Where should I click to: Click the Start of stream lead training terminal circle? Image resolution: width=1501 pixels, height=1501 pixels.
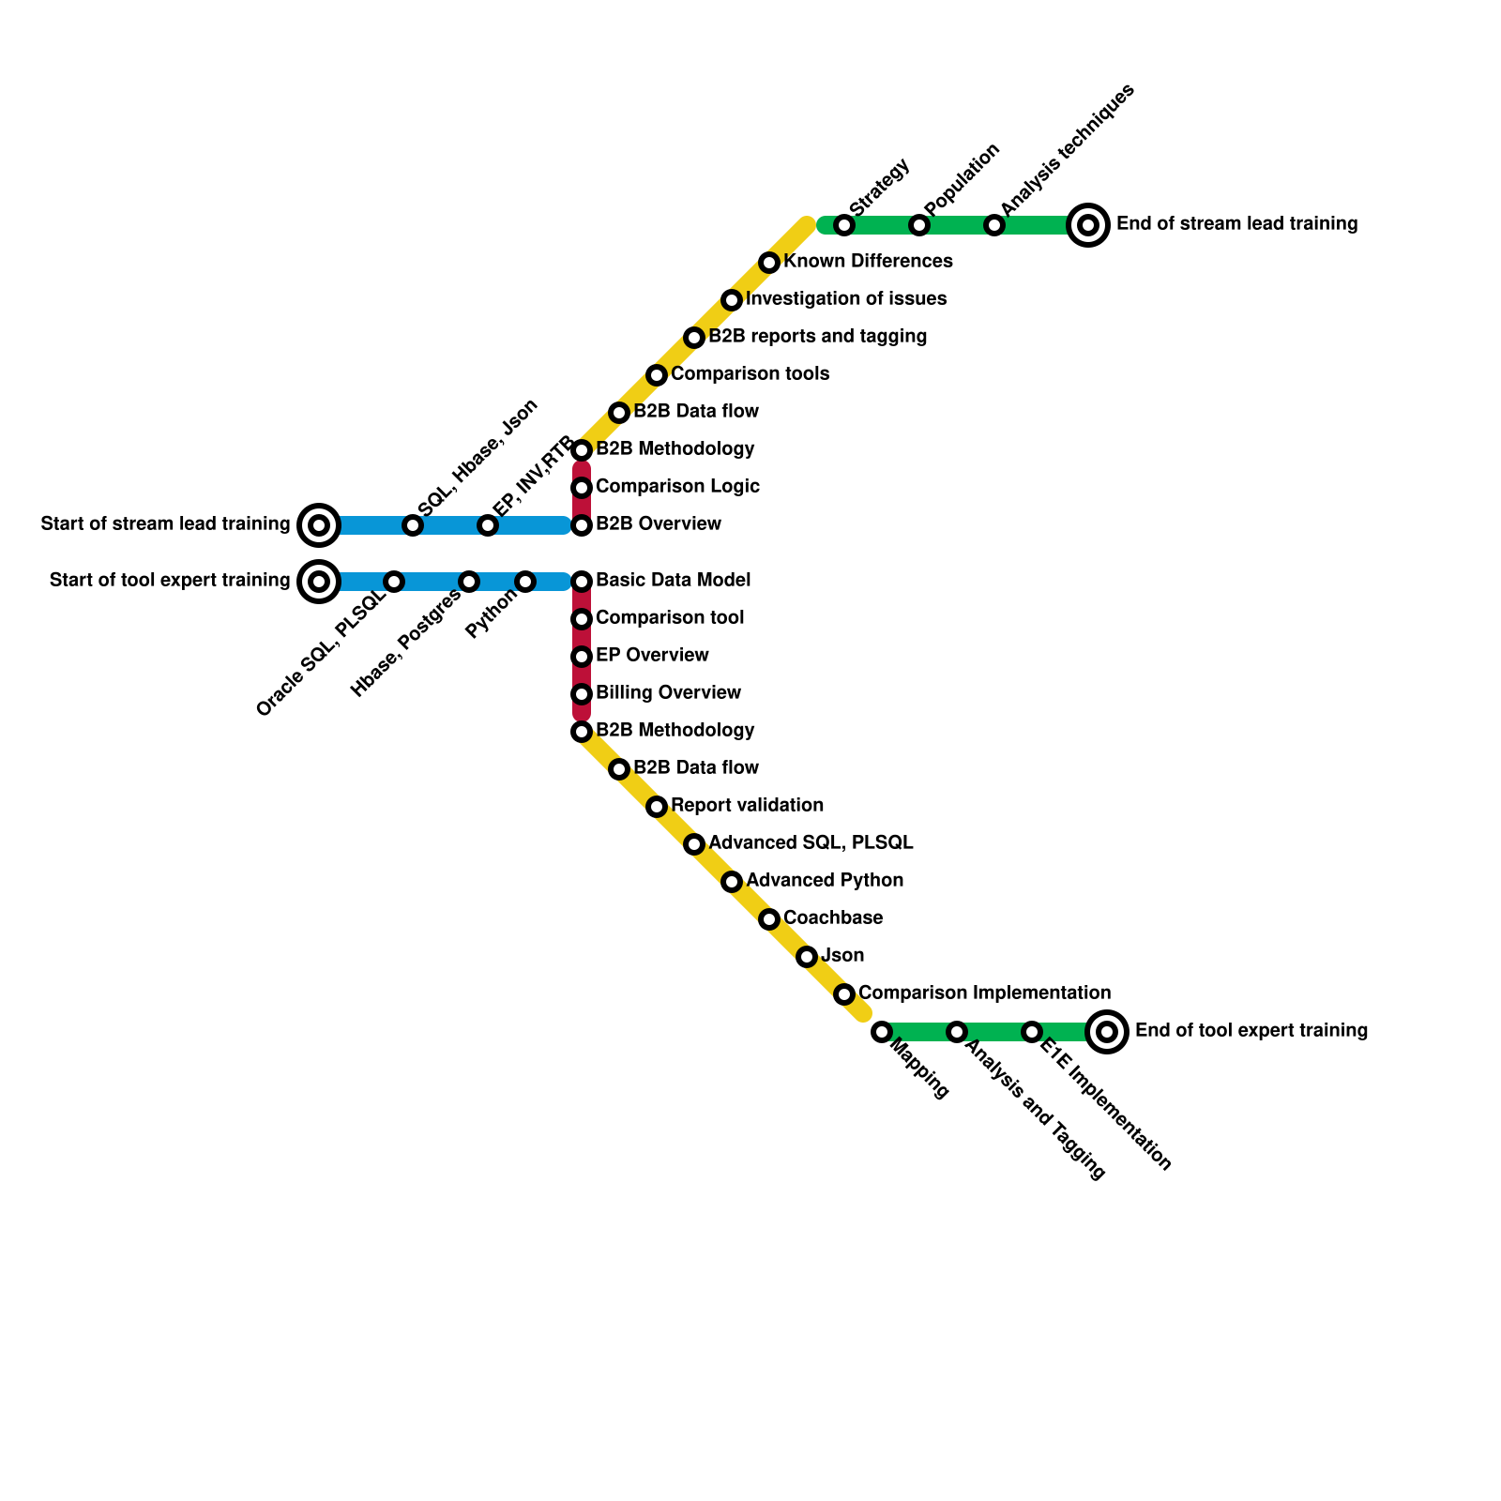[x=319, y=525]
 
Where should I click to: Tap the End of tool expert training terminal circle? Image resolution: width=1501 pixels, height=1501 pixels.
[x=1107, y=1032]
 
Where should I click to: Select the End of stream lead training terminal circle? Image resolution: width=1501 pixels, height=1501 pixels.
[x=1088, y=225]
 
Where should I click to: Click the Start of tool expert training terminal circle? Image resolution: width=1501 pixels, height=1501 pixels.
[x=319, y=582]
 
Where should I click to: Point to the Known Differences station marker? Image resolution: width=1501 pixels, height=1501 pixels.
[x=769, y=263]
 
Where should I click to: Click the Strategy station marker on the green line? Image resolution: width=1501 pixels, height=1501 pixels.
[x=844, y=225]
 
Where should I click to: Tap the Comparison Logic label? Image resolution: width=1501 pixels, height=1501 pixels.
[x=677, y=487]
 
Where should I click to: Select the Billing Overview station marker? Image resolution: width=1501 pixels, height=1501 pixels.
[x=582, y=694]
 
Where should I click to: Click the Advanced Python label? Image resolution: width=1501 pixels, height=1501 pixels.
[x=825, y=881]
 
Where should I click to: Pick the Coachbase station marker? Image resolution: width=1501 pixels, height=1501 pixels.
[x=769, y=919]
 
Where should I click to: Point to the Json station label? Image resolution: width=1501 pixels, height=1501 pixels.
[x=842, y=956]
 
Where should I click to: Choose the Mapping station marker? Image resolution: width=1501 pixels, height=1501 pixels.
[x=881, y=1032]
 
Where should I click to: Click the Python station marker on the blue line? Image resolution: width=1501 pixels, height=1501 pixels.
[x=525, y=582]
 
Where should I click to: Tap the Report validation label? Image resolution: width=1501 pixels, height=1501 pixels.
[x=748, y=806]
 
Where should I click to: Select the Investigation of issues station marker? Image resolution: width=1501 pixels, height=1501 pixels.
[x=732, y=300]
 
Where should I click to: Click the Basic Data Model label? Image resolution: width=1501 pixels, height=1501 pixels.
[x=673, y=581]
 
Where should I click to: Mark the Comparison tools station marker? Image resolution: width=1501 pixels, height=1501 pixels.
[x=657, y=375]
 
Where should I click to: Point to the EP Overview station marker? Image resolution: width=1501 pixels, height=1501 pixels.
[x=582, y=657]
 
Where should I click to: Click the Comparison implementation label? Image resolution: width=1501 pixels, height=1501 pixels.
[x=984, y=993]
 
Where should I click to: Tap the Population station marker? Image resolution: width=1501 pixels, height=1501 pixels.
[x=919, y=225]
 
